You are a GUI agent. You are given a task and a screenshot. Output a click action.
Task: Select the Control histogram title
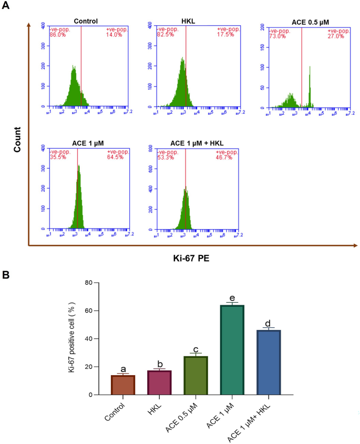(x=86, y=21)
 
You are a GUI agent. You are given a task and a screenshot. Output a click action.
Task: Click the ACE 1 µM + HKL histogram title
(x=197, y=144)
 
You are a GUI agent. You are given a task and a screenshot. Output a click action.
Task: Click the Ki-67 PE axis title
(x=192, y=258)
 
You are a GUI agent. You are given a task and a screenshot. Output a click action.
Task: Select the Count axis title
(x=17, y=139)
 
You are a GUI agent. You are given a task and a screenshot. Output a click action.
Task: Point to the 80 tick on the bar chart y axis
(x=89, y=283)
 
